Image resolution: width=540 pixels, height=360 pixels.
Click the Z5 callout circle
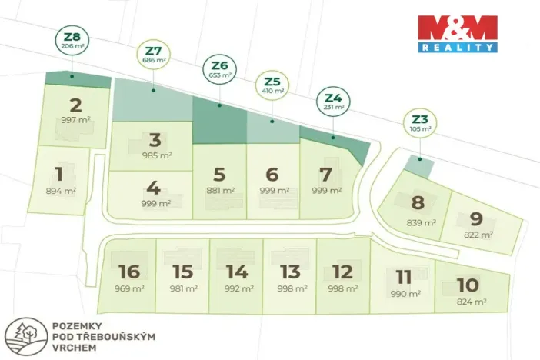[x=272, y=84]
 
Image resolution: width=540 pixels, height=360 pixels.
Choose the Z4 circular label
[x=333, y=102]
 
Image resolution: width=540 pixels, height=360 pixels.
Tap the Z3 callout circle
[x=418, y=122]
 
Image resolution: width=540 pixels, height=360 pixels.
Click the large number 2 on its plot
[x=75, y=106]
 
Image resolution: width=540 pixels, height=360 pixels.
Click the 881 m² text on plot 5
[x=219, y=190]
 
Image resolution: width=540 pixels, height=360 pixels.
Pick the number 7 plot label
[x=325, y=173]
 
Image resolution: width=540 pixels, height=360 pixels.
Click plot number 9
[x=476, y=218]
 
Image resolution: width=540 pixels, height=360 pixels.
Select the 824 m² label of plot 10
[x=471, y=302]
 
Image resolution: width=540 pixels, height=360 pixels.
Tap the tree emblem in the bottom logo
[x=22, y=335]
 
